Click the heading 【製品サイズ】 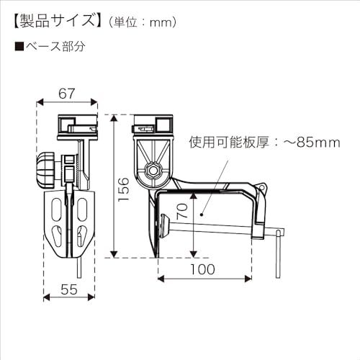pyautogui.click(x=54, y=21)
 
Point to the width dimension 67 pyautogui.click(x=67, y=93)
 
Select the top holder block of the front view pyautogui.click(x=77, y=123)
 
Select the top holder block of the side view pyautogui.click(x=153, y=123)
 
